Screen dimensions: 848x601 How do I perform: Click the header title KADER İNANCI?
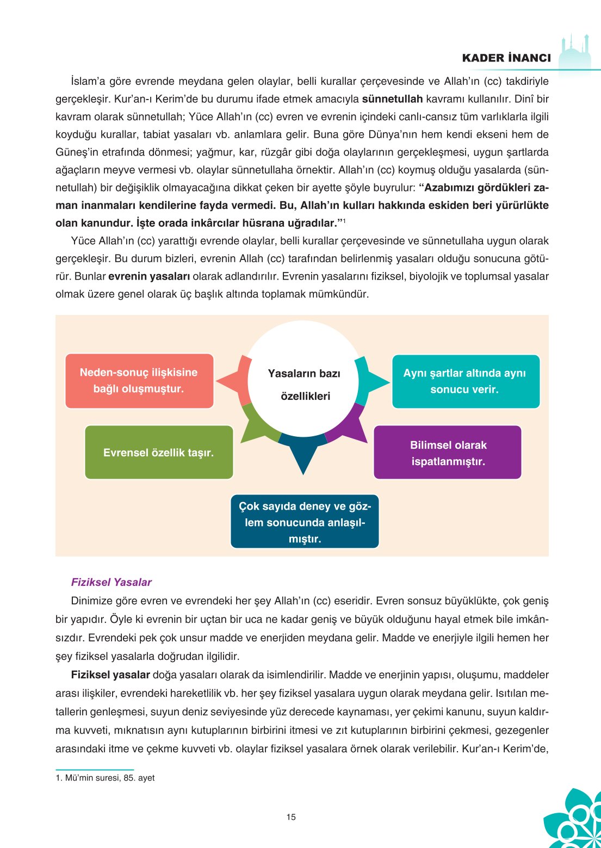coord(506,58)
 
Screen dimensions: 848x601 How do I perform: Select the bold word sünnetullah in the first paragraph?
coord(392,99)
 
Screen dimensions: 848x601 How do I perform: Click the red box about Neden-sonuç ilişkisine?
coord(139,381)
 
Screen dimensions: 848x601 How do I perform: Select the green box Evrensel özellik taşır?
coord(159,453)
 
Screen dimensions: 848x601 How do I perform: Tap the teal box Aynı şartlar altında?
coord(466,381)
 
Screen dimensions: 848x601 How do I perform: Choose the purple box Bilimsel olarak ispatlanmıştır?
coord(447,453)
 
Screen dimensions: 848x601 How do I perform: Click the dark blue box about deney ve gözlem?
coord(305,522)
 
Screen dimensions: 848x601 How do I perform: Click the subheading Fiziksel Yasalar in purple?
coord(111,582)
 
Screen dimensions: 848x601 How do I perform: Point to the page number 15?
coord(291,817)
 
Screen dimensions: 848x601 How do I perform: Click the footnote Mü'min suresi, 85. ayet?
coord(105,778)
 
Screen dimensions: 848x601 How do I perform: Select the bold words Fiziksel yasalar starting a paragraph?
coord(110,675)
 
